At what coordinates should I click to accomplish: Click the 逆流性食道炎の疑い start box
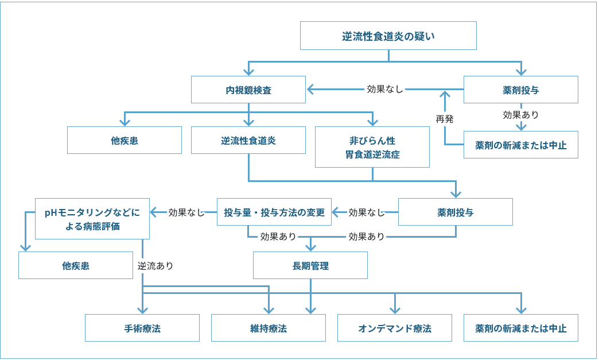(388, 36)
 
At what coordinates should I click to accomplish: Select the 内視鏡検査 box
(248, 90)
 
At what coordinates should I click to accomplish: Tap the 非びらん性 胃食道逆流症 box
(372, 147)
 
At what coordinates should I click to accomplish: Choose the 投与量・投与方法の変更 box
(274, 212)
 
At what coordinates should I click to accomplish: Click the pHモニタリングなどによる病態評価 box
(92, 219)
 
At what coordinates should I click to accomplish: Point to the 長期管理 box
(310, 265)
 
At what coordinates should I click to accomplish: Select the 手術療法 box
(142, 328)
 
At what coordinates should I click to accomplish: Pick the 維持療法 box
(268, 328)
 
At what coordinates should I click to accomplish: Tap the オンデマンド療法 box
(394, 328)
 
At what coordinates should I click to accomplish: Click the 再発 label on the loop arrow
(445, 119)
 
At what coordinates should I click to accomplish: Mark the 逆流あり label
(155, 266)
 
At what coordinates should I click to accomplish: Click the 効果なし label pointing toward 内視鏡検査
(385, 89)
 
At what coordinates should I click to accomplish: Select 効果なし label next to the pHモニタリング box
(186, 212)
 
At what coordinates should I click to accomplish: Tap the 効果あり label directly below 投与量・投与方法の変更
(278, 236)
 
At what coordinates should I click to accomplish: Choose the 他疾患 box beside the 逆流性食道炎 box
(124, 140)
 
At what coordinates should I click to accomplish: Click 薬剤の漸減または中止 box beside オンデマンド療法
(520, 328)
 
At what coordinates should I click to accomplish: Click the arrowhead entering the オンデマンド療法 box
(395, 310)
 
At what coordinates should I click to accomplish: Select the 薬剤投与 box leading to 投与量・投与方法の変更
(455, 212)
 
